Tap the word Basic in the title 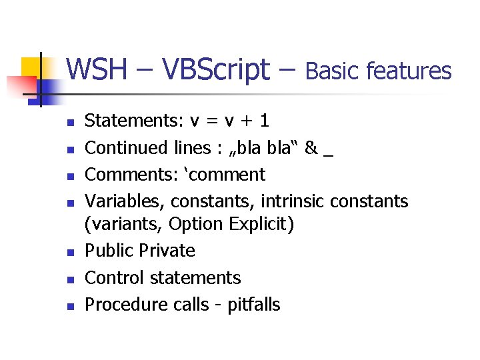coord(333,71)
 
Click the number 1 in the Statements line coord(265,121)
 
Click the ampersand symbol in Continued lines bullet coord(311,147)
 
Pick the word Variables coord(125,201)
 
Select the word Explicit coord(260,225)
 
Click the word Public coord(109,251)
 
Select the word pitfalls coord(254,305)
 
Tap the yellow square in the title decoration coord(31,67)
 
